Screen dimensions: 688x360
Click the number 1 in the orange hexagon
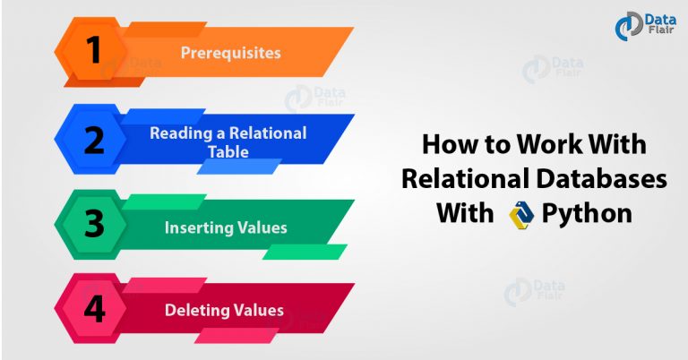point(93,49)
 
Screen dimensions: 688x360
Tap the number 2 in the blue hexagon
point(94,140)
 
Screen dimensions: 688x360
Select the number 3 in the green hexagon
point(94,223)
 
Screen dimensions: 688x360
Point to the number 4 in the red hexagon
point(94,308)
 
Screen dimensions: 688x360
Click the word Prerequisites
point(231,53)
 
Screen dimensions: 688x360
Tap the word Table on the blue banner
point(228,151)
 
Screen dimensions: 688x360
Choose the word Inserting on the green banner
point(199,227)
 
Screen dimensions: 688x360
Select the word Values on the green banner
point(262,227)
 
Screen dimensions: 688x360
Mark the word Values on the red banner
point(259,311)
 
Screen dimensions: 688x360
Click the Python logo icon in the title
point(521,215)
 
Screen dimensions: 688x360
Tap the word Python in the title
point(587,214)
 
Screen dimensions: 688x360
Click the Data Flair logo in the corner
point(645,26)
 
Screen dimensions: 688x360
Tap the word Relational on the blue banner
point(268,133)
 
